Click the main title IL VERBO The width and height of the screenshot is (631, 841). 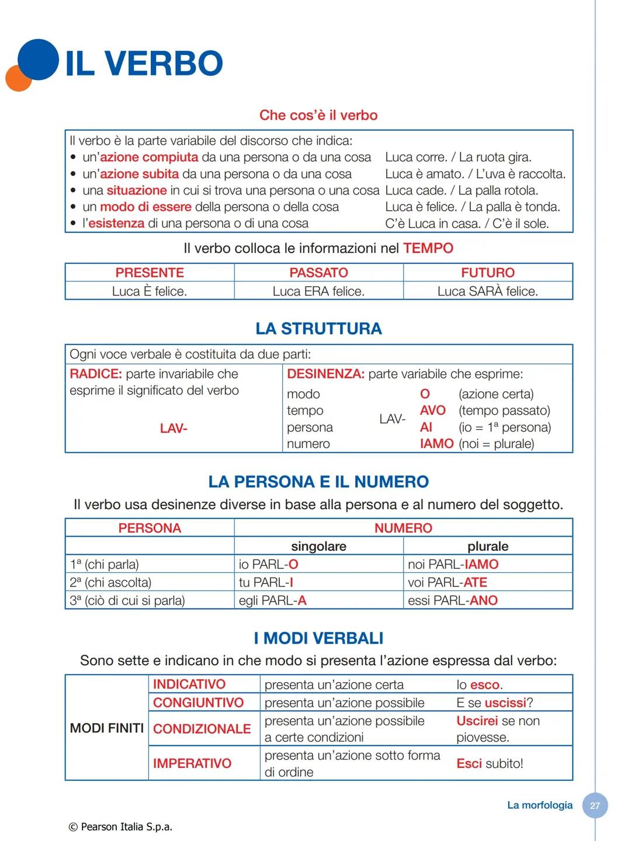[x=144, y=63]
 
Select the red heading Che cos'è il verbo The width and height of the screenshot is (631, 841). [x=318, y=115]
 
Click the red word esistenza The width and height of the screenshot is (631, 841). [x=116, y=223]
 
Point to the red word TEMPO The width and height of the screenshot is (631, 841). [x=428, y=248]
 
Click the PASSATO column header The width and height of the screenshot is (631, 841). [x=318, y=273]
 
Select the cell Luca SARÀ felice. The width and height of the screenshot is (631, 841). [x=487, y=291]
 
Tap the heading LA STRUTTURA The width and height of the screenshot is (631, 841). [x=318, y=329]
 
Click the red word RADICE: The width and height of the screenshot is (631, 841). [x=96, y=374]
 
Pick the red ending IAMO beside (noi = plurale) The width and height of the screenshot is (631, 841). [x=436, y=444]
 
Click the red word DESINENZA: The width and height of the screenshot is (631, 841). [x=325, y=374]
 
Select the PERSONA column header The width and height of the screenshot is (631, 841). [x=150, y=528]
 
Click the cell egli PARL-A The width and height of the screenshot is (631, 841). [x=272, y=600]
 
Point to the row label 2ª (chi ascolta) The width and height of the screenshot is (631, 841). [x=110, y=582]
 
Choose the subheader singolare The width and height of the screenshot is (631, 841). [x=318, y=546]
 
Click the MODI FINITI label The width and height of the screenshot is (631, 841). [x=106, y=728]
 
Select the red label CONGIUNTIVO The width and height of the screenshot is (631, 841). [x=198, y=703]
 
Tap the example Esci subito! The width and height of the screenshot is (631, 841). [x=490, y=763]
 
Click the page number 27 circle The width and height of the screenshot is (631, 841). [x=595, y=805]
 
